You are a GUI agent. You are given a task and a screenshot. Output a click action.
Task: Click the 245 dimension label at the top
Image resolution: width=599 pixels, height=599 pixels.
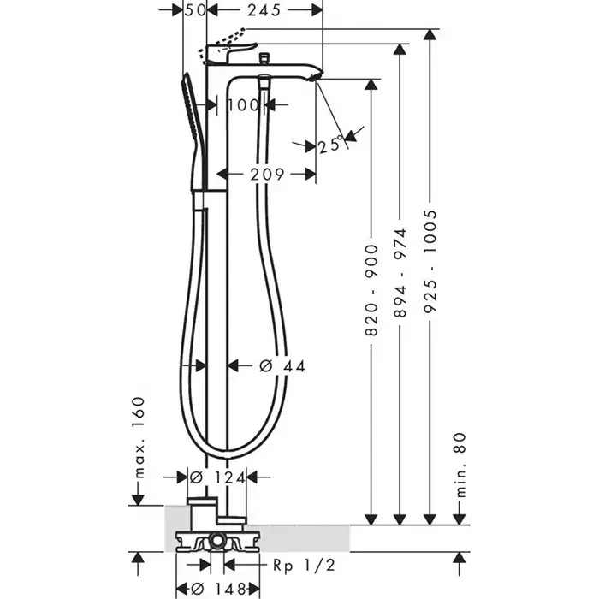(264, 10)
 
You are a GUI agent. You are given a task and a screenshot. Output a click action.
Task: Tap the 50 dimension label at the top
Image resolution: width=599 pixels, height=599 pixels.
(196, 10)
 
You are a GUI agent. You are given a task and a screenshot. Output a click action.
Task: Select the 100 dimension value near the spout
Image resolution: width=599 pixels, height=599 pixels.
(243, 104)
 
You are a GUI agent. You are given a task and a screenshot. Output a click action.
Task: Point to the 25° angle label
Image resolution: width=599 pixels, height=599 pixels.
(329, 145)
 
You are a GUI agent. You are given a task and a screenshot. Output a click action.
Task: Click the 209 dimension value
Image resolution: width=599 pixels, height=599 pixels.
(267, 175)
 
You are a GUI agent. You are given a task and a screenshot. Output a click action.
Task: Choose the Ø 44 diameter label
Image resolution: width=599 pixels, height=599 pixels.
(282, 366)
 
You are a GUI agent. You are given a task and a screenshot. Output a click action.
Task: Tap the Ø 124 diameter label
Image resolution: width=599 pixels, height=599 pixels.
(217, 477)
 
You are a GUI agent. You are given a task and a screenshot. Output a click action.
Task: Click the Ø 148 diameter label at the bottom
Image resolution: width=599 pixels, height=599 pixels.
(217, 589)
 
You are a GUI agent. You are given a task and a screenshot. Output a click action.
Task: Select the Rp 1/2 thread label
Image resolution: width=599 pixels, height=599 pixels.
(304, 565)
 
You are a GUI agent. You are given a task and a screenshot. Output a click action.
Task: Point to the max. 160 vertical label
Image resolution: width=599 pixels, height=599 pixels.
(139, 438)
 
